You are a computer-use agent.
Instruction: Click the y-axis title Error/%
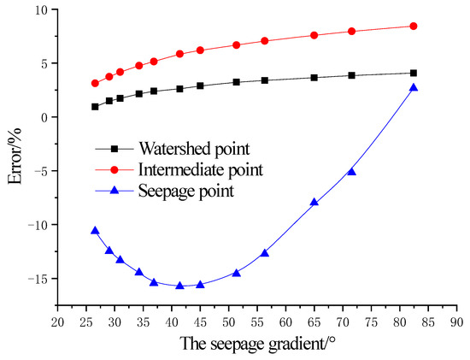(x=15, y=152)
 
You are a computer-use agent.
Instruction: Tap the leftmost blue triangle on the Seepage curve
(x=95, y=231)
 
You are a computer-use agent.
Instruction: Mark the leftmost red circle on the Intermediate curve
(x=95, y=83)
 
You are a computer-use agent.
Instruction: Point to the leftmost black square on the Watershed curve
(x=95, y=107)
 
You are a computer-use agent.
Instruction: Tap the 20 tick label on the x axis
(x=57, y=322)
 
